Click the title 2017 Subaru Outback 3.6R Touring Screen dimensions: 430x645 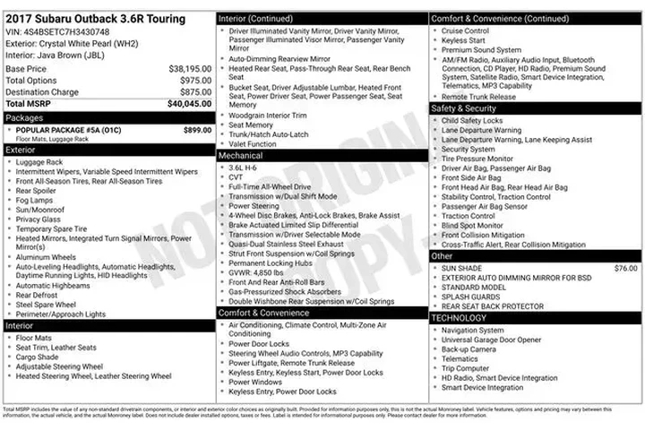(x=96, y=19)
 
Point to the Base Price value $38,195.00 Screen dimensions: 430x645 (x=190, y=68)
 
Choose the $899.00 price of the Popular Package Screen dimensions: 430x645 (x=196, y=130)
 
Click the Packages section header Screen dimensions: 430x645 (x=24, y=117)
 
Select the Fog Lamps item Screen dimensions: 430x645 (x=36, y=200)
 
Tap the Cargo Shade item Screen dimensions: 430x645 (x=39, y=357)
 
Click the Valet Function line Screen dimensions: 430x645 (x=253, y=143)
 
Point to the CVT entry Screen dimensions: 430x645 (x=236, y=176)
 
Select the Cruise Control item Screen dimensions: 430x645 (x=465, y=30)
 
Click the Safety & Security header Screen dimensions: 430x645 (x=464, y=108)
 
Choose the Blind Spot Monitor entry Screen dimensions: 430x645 (x=474, y=225)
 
